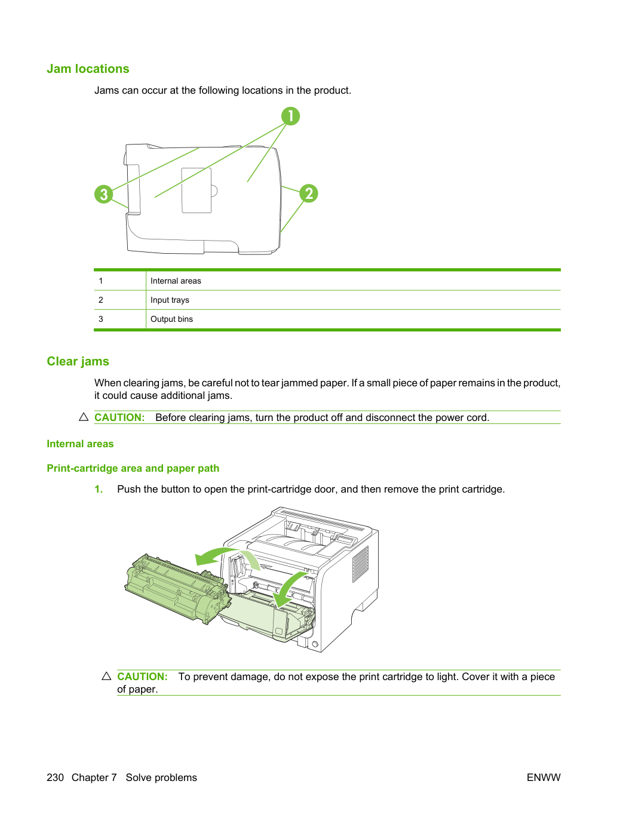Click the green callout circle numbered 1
click(290, 116)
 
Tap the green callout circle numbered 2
click(309, 193)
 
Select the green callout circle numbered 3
click(104, 194)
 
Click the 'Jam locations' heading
click(88, 69)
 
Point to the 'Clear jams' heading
click(78, 361)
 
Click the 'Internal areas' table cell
click(176, 281)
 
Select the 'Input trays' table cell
click(170, 300)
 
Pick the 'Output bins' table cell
click(171, 319)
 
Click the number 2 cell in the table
click(101, 300)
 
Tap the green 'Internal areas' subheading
click(80, 444)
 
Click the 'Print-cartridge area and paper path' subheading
click(133, 468)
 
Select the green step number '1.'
click(99, 489)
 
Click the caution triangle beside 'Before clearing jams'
click(84, 417)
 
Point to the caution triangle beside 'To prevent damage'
click(107, 676)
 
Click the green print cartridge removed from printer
click(176, 588)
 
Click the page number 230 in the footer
click(55, 777)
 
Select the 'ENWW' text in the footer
click(544, 777)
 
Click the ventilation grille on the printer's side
click(360, 564)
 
